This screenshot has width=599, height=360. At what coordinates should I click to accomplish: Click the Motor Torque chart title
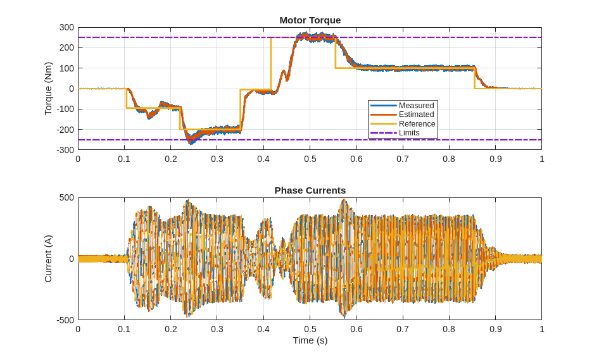pyautogui.click(x=310, y=20)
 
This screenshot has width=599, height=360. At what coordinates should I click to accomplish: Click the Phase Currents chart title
pyautogui.click(x=310, y=190)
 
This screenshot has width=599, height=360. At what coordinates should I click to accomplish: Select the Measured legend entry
pyautogui.click(x=416, y=106)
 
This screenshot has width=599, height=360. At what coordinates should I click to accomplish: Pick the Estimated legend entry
pyautogui.click(x=416, y=115)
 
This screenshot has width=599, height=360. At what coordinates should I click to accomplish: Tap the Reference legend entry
pyautogui.click(x=417, y=124)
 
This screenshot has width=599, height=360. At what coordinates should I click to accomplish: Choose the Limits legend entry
pyautogui.click(x=409, y=133)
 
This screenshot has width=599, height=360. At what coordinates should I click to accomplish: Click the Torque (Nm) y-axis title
pyautogui.click(x=48, y=89)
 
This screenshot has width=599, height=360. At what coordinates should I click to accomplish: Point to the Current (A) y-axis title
pyautogui.click(x=48, y=259)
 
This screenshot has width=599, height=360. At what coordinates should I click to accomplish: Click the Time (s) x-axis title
pyautogui.click(x=310, y=340)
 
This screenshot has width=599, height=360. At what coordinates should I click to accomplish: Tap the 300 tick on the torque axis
pyautogui.click(x=67, y=28)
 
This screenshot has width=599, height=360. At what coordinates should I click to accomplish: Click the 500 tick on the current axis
pyautogui.click(x=67, y=198)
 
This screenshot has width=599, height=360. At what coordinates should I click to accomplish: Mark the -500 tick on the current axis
pyautogui.click(x=66, y=320)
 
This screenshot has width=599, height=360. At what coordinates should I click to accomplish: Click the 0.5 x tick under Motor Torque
pyautogui.click(x=310, y=159)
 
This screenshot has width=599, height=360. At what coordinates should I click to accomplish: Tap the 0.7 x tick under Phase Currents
pyautogui.click(x=403, y=330)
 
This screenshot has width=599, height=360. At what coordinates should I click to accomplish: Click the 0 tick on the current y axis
pyautogui.click(x=72, y=259)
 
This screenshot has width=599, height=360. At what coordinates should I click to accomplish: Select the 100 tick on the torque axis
pyautogui.click(x=67, y=68)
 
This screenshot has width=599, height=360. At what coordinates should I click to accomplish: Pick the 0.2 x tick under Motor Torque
pyautogui.click(x=171, y=159)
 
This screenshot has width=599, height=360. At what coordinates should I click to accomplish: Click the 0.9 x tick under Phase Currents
pyautogui.click(x=495, y=330)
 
